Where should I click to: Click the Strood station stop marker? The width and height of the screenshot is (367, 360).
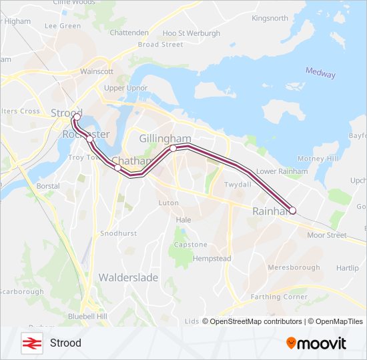coord(77,117)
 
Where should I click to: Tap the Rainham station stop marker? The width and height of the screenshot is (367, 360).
coord(292,211)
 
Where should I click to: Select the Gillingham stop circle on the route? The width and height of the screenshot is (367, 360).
coord(173,148)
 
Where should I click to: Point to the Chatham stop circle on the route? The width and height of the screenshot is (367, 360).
coord(118,167)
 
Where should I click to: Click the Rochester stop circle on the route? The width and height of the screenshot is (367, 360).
coord(89,139)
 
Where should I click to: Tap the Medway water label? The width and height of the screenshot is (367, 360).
coord(320,73)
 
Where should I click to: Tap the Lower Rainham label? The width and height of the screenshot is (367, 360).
coord(282,171)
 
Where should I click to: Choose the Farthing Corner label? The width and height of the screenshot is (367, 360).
coord(279,297)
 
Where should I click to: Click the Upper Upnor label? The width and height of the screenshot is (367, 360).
coord(125,88)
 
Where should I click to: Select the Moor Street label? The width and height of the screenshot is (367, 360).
coord(327,235)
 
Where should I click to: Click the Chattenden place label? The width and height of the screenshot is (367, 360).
coord(129,32)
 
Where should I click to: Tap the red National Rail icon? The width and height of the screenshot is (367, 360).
coord(30,343)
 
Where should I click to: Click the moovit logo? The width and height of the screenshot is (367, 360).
coord(316,343)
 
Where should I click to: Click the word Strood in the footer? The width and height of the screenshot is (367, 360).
coord(65,343)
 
